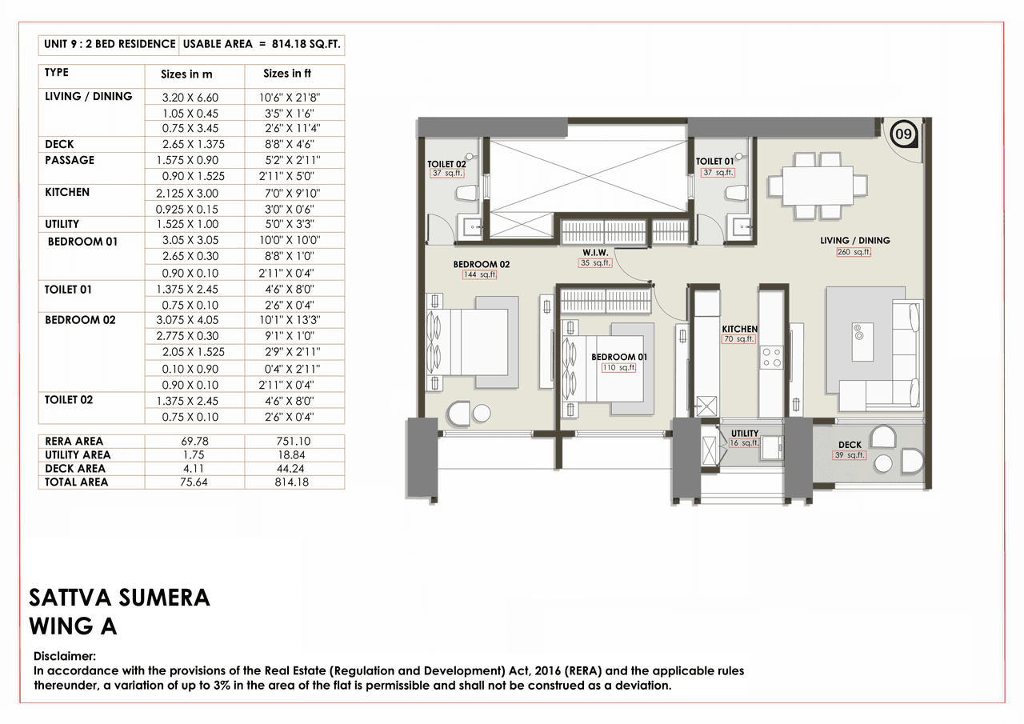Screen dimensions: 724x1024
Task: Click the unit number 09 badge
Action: (x=903, y=134)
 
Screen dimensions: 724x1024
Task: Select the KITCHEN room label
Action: (x=739, y=329)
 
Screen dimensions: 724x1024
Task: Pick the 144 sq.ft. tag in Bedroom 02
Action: (x=480, y=274)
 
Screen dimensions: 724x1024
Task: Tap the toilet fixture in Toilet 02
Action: (x=465, y=193)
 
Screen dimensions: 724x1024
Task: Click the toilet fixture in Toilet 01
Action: (x=734, y=193)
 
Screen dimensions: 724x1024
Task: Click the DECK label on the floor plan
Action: (x=850, y=445)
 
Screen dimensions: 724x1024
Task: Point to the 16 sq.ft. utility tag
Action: (x=744, y=443)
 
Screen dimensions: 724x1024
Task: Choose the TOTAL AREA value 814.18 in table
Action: (x=294, y=482)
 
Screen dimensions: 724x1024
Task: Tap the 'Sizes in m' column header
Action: (x=186, y=74)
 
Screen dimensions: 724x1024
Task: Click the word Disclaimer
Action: (x=65, y=655)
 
